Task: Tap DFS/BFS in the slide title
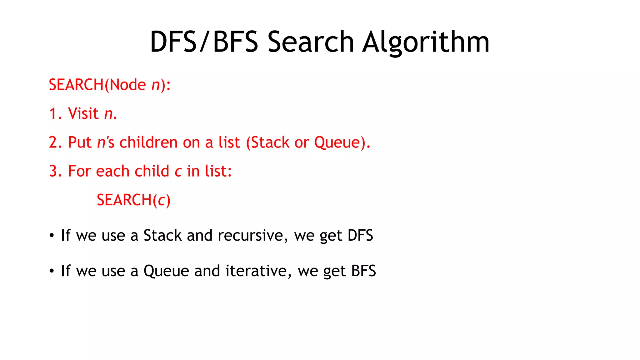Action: click(204, 42)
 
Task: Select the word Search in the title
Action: click(311, 42)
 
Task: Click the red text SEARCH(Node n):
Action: click(110, 85)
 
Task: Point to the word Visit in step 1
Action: click(83, 113)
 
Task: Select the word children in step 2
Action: click(148, 142)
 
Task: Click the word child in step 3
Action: click(152, 171)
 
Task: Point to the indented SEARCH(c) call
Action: click(133, 200)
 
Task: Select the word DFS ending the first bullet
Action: click(360, 235)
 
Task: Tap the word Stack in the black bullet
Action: click(162, 235)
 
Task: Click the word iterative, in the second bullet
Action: click(258, 271)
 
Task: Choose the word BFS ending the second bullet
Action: click(363, 271)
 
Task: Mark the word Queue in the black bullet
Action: click(166, 271)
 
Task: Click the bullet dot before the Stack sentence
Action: click(52, 235)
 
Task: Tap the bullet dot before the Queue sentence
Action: click(52, 271)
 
